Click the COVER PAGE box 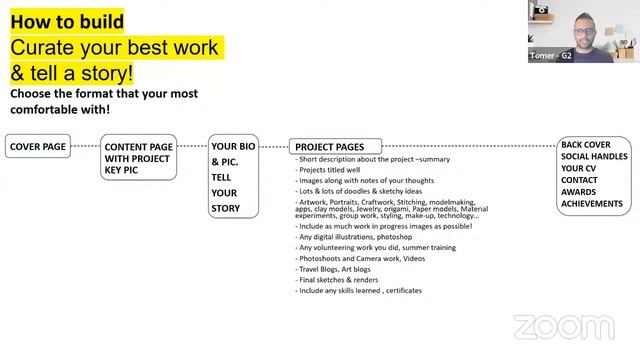click(38, 147)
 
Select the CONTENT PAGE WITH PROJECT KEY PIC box click(137, 158)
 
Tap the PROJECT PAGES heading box click(329, 147)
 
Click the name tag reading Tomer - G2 click(551, 56)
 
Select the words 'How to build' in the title click(68, 21)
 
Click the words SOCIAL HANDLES click(595, 158)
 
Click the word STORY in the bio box click(225, 208)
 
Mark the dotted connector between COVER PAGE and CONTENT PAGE click(85, 147)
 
